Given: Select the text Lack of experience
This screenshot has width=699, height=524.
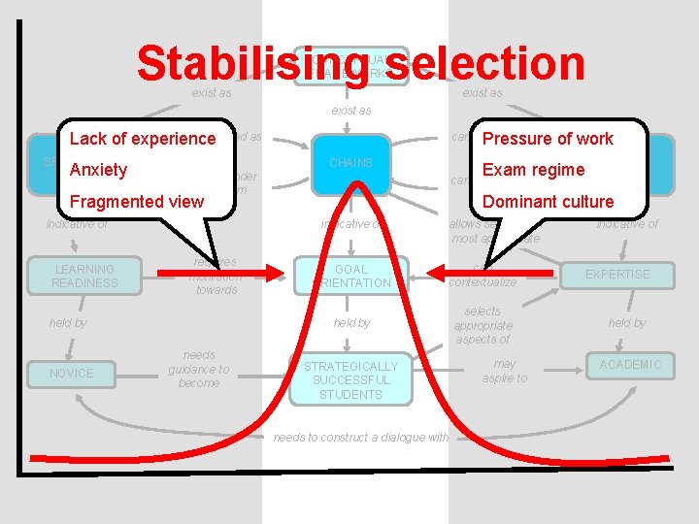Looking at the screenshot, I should [x=143, y=139].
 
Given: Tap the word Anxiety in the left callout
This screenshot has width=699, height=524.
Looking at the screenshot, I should [x=98, y=170].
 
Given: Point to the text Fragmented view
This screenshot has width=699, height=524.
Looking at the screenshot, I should [x=137, y=201].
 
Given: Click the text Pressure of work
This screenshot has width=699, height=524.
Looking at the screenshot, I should [x=548, y=139].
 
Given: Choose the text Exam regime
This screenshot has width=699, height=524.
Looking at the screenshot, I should [x=533, y=170].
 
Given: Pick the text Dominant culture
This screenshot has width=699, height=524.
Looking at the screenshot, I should [x=548, y=201].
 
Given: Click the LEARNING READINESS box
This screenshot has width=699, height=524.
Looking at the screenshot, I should [x=85, y=276].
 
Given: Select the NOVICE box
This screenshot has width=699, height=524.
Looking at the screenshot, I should [x=72, y=373].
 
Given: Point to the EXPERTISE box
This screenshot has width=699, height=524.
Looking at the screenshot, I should [x=617, y=275].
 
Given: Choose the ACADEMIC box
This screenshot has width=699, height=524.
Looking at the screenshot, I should [x=630, y=365].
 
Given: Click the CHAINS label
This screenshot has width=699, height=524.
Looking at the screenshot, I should [x=350, y=163].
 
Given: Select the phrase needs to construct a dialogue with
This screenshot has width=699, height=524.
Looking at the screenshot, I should [x=361, y=438].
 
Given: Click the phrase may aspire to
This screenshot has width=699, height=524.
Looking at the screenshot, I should [x=504, y=371].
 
